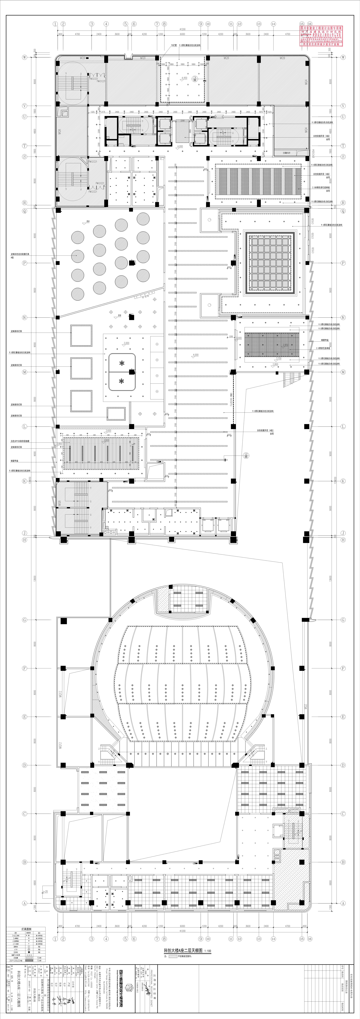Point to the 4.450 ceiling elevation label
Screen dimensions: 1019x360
[x=184, y=78]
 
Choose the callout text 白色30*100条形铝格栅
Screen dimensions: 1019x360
[x=20, y=441]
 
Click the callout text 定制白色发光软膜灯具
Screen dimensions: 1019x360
[x=20, y=254]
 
